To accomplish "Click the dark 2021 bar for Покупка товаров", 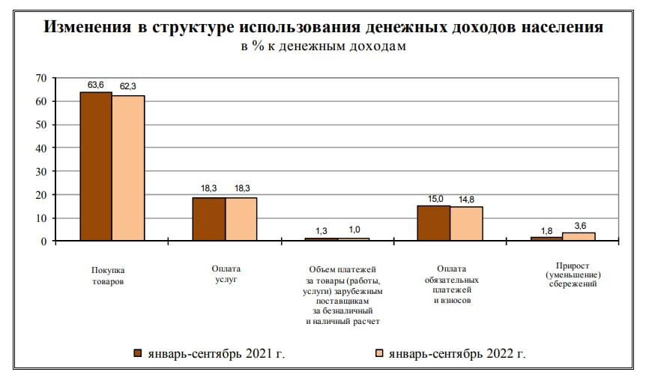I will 96,166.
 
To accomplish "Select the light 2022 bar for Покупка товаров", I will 128,168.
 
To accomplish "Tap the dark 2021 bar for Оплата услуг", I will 209,219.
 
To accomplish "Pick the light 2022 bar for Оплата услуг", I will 241,219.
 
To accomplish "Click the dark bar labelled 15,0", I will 434,223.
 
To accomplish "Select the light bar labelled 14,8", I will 466,223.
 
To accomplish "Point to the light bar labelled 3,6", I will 579,236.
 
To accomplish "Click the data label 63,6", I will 96,85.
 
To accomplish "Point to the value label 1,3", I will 322,229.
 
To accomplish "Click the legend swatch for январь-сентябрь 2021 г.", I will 138,352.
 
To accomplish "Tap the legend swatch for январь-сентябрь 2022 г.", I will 379,352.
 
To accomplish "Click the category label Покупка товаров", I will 108,275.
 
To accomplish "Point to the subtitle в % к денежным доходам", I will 322,46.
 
